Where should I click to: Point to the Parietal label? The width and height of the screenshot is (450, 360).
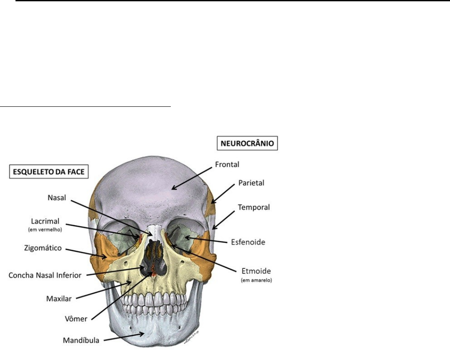click(251, 183)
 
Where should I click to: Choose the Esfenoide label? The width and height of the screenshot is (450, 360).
click(250, 242)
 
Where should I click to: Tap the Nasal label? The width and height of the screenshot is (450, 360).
click(57, 198)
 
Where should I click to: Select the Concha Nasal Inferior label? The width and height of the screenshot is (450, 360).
click(45, 275)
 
